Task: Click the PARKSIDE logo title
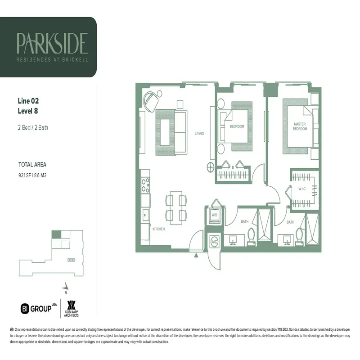click(52, 43)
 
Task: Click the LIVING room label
click(199, 134)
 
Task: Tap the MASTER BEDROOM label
click(300, 126)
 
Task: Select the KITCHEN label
click(158, 229)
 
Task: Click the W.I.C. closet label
click(302, 189)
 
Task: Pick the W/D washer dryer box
click(215, 216)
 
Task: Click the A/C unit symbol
click(215, 242)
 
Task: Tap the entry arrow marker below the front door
click(196, 255)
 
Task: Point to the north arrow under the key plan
click(67, 286)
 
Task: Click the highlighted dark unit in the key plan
click(56, 234)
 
